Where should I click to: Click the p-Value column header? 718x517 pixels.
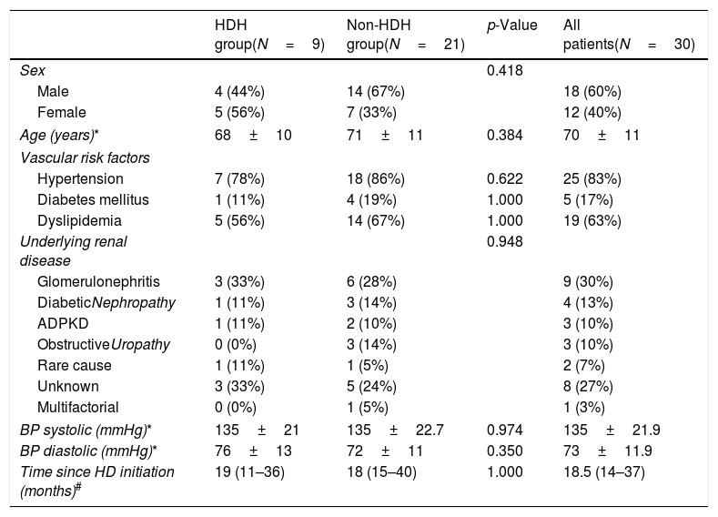point(511,25)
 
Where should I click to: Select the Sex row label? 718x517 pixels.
point(33,70)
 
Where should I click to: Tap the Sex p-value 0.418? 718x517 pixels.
point(505,70)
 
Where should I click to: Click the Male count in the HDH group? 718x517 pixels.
point(239,92)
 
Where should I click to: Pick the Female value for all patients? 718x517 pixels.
point(592,113)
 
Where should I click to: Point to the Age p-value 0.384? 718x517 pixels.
point(505,135)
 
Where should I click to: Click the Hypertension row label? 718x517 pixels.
point(80,178)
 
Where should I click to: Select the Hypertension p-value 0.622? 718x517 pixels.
point(505,178)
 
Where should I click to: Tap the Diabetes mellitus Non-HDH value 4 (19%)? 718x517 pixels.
point(371,199)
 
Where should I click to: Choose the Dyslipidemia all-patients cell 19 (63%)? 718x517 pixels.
point(592,220)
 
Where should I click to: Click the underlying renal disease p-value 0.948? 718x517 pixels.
point(505,241)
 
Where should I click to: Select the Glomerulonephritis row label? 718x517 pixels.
point(98,281)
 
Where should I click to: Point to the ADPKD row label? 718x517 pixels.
point(63,324)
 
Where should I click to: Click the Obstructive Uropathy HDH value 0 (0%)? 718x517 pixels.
point(236,344)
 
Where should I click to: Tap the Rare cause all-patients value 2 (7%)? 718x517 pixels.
point(584,365)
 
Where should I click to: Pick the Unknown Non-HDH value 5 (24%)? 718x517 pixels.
point(371,387)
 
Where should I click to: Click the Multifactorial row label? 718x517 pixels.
point(78,407)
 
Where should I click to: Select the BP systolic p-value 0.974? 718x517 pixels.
point(505,430)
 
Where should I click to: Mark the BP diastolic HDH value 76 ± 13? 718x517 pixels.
point(253,451)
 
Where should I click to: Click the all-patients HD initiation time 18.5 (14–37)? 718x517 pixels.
point(604,471)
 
